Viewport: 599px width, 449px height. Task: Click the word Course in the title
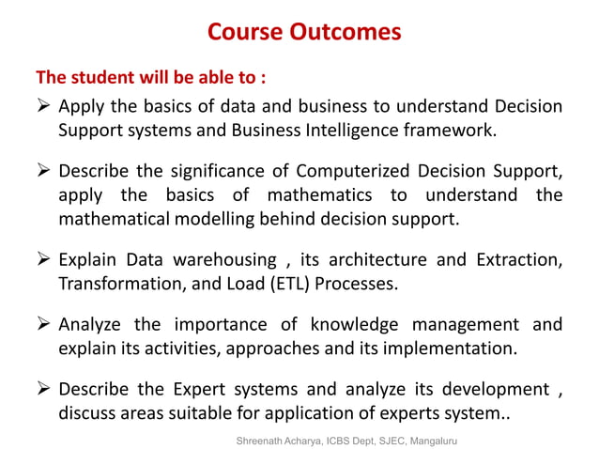(244, 32)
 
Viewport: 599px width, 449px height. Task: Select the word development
(494, 390)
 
